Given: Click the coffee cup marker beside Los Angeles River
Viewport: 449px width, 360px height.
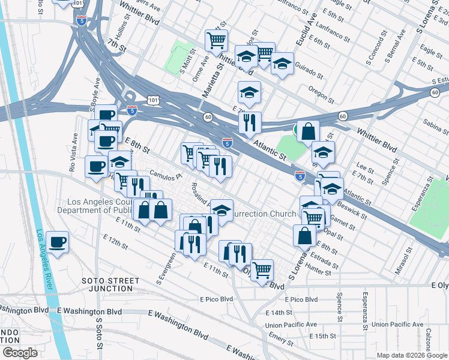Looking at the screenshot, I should (57, 242).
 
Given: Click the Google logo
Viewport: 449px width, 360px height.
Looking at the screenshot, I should (20, 353).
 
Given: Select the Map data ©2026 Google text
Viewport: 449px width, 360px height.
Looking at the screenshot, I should (412, 355).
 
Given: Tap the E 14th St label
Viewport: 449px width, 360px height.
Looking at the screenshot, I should (279, 313).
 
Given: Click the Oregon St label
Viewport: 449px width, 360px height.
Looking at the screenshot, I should (321, 95).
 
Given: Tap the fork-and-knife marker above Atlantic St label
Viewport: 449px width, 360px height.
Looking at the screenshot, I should (250, 123).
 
